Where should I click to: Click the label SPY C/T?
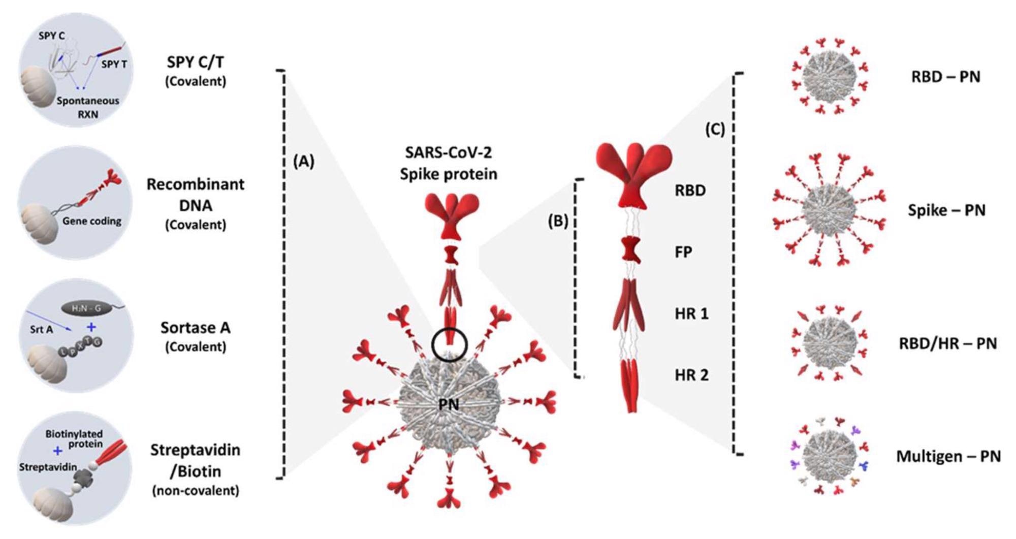196,62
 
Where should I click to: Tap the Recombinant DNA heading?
196,195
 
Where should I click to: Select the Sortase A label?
196,328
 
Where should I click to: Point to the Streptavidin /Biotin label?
196,461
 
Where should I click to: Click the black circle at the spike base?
449,345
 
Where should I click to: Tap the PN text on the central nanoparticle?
449,404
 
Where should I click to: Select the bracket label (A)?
304,161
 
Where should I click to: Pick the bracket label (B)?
557,221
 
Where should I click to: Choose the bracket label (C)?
715,129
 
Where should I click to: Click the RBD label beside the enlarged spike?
690,191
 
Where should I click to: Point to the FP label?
683,252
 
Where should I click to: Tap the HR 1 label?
691,313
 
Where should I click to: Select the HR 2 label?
691,375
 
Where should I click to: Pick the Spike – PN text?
946,210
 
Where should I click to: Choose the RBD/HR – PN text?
947,343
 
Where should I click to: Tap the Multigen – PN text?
948,456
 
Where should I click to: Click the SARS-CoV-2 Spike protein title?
449,163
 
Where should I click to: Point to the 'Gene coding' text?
92,221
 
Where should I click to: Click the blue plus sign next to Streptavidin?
58,451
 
